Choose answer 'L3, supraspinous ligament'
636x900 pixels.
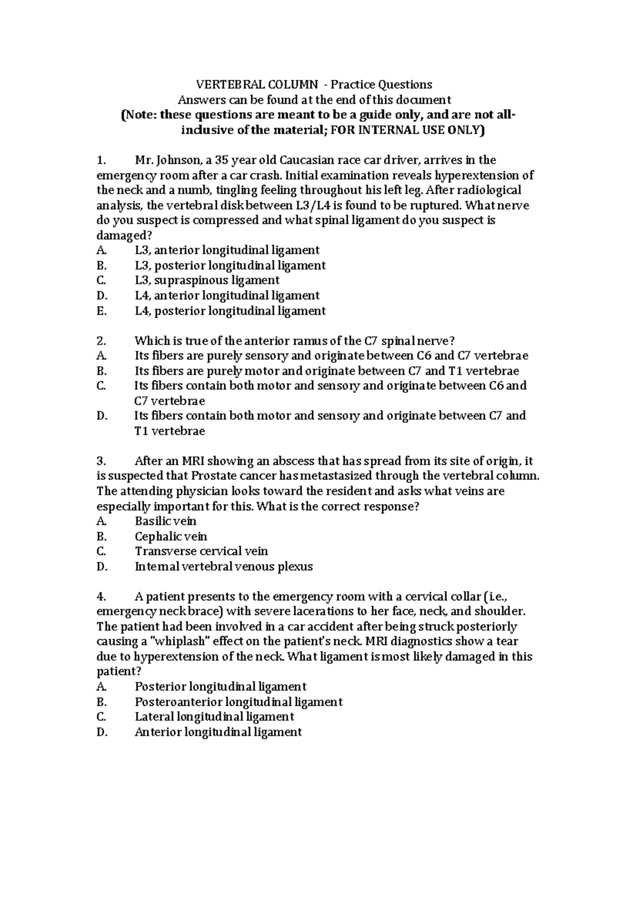coord(207,280)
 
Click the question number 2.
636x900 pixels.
coord(102,341)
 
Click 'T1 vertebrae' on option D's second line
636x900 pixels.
coord(170,431)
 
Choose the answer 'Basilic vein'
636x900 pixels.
coord(165,521)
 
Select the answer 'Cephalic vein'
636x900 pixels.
coord(171,536)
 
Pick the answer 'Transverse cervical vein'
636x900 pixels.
coord(201,551)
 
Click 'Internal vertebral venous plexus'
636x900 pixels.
coord(224,567)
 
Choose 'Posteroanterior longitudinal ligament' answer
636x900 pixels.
coord(238,702)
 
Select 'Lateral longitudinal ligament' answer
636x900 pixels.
coord(214,717)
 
